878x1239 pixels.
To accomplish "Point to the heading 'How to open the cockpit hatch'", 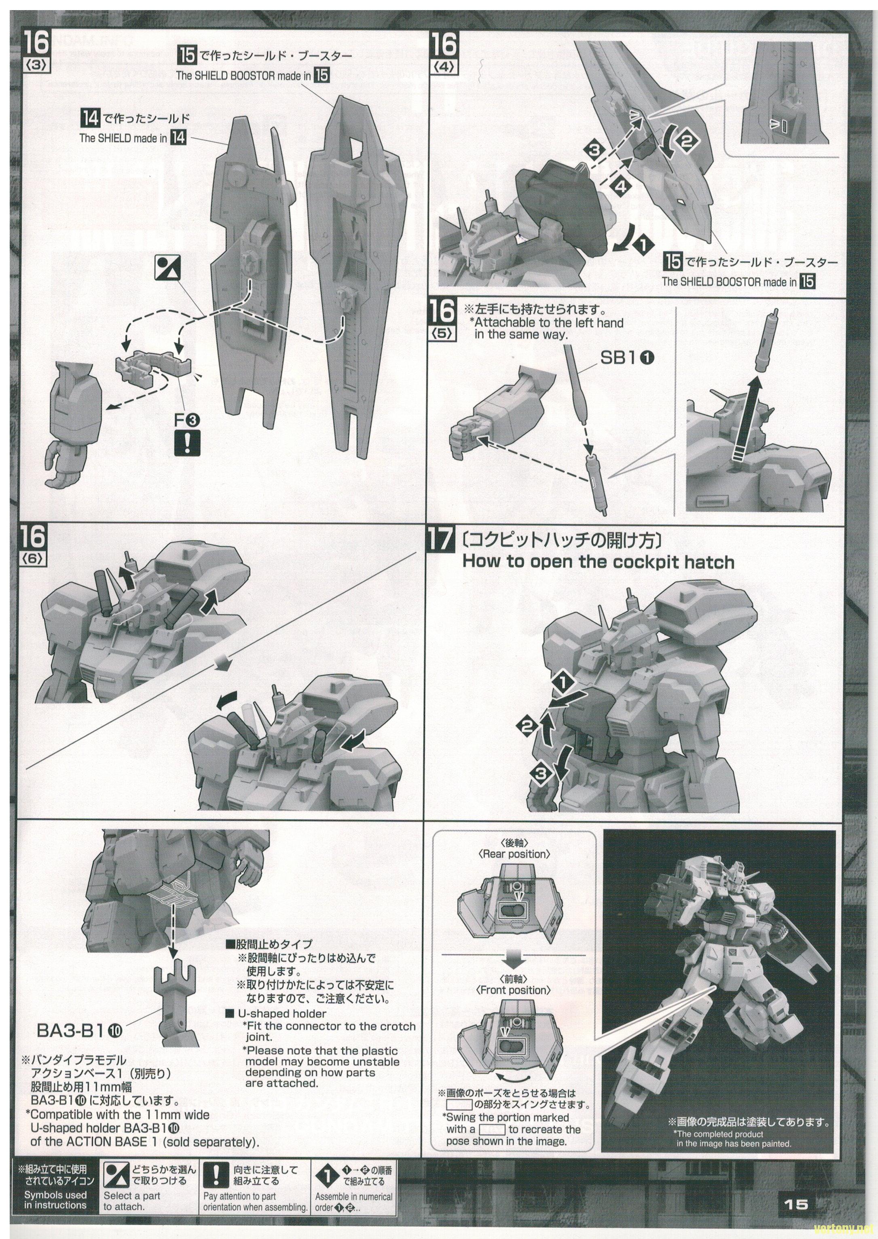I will pos(598,562).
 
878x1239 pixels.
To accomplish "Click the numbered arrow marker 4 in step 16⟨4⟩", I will pos(621,187).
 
